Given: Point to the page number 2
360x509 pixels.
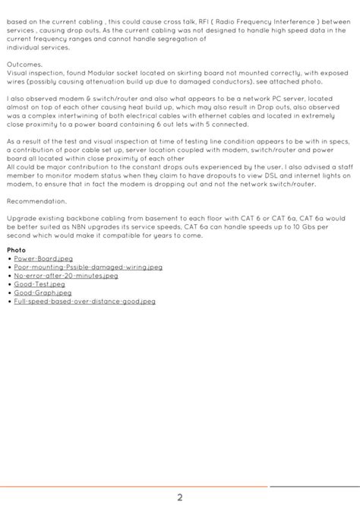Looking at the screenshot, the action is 180,498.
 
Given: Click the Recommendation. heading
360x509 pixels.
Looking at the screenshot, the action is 33,201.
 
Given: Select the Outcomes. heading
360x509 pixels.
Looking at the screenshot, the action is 24,65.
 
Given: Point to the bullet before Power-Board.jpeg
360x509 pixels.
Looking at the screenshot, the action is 8,259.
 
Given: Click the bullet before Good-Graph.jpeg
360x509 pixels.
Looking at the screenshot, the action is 8,292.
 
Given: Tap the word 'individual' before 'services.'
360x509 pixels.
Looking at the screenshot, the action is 21,48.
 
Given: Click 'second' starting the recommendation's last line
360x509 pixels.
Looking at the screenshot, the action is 17,236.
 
